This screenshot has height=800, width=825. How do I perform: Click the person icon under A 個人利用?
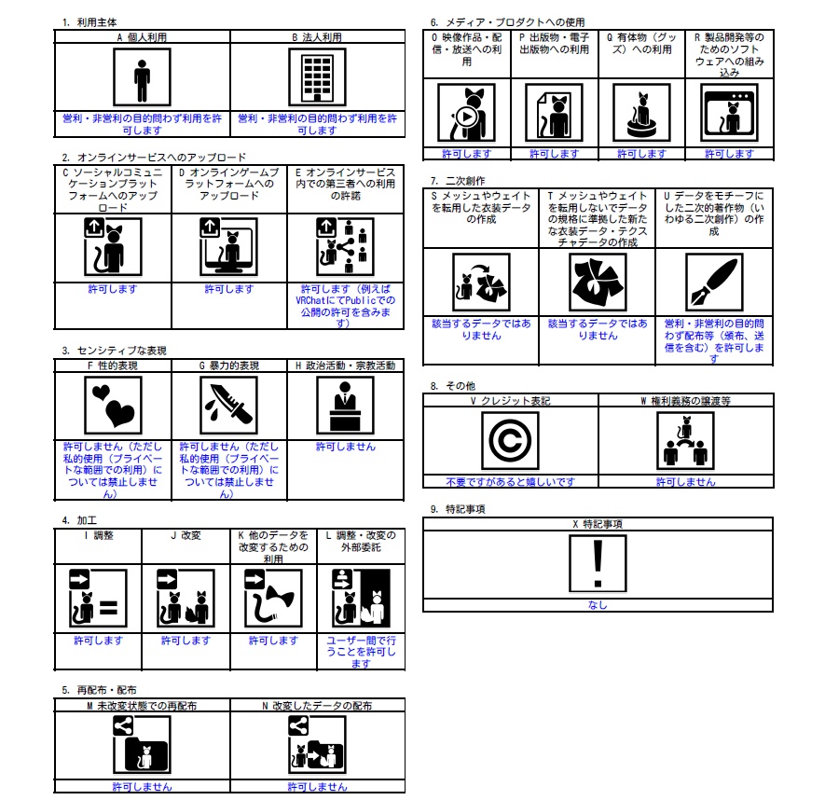click(x=142, y=77)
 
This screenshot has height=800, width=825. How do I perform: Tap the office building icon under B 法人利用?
click(x=317, y=77)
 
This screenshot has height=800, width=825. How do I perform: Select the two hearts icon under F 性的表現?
click(x=113, y=406)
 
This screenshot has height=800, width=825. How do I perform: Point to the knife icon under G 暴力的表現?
click(x=229, y=406)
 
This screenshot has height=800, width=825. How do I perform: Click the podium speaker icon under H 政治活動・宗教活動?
click(x=345, y=406)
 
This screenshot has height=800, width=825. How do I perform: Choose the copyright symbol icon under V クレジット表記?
click(x=510, y=440)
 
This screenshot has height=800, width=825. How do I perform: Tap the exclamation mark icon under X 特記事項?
click(x=598, y=564)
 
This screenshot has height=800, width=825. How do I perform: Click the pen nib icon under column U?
click(x=714, y=283)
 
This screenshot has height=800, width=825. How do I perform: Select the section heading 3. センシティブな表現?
click(x=114, y=351)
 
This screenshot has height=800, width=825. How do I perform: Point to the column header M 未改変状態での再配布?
click(x=142, y=705)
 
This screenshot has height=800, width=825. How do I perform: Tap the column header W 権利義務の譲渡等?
click(x=685, y=401)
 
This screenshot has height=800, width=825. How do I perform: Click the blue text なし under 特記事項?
click(x=598, y=605)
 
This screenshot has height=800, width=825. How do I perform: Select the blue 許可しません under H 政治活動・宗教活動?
click(x=346, y=447)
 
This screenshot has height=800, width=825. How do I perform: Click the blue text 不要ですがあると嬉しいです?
click(x=510, y=481)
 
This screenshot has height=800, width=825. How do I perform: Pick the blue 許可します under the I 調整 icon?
click(x=99, y=640)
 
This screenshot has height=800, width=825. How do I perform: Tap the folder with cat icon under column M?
click(x=142, y=745)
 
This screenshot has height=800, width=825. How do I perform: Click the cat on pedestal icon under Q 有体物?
click(x=642, y=113)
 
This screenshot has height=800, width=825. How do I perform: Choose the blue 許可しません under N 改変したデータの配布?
click(x=317, y=786)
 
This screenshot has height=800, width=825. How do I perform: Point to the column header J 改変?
click(x=186, y=535)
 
